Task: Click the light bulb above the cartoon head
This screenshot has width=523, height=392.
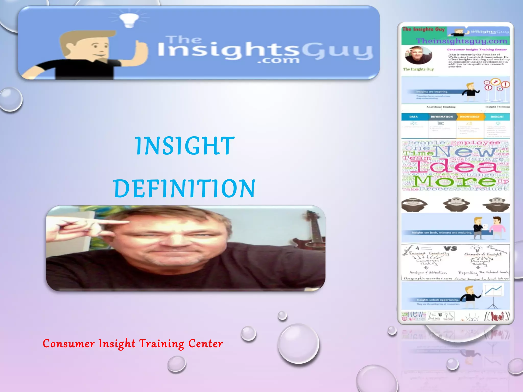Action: pos(129,20)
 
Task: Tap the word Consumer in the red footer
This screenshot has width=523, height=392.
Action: pos(68,344)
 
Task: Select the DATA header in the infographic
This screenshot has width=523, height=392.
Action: pos(413,117)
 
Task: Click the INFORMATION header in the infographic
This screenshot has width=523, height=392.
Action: pos(442,117)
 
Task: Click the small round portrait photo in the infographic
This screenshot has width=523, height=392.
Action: pos(418,55)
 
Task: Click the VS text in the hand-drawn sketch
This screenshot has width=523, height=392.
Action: pos(450,248)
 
